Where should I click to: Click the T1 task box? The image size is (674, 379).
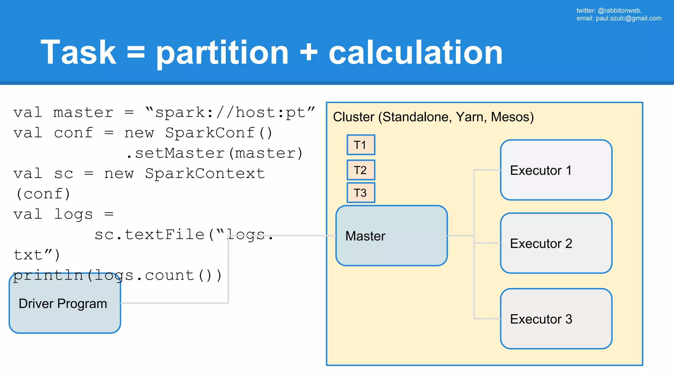[361, 145]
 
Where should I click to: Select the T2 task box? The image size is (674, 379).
[361, 170]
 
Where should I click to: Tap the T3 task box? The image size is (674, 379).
[361, 193]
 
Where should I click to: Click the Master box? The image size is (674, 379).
[391, 236]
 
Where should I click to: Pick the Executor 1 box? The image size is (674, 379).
[556, 170]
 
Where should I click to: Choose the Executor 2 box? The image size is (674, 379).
[556, 243]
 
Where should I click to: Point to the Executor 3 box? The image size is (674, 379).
[556, 319]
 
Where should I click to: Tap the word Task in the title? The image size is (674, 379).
[78, 52]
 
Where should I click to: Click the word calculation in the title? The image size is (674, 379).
[415, 52]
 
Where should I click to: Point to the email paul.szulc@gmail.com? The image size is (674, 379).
[628, 18]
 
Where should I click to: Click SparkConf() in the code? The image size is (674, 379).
[219, 133]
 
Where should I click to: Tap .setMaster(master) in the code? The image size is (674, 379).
[215, 153]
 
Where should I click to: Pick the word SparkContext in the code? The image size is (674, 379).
[205, 174]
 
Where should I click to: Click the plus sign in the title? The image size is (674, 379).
[309, 53]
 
